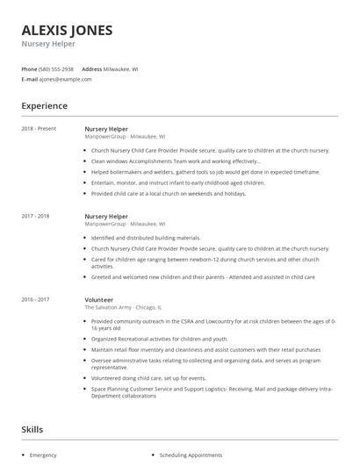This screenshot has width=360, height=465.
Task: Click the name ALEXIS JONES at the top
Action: (67, 30)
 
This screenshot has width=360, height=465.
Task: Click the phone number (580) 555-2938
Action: (57, 68)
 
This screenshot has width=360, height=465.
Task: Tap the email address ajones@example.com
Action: (65, 79)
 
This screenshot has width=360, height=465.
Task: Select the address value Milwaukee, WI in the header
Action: (120, 68)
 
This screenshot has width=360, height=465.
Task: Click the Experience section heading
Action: (44, 105)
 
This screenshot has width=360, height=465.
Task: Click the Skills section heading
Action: (33, 430)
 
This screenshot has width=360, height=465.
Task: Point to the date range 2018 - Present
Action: (39, 129)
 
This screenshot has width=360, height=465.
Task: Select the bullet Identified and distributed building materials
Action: (146, 238)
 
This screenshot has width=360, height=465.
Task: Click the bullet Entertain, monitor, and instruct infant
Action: (177, 182)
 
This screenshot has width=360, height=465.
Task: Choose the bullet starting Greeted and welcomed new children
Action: (202, 276)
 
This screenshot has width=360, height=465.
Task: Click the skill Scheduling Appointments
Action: (191, 455)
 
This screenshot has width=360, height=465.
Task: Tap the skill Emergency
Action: (43, 455)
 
